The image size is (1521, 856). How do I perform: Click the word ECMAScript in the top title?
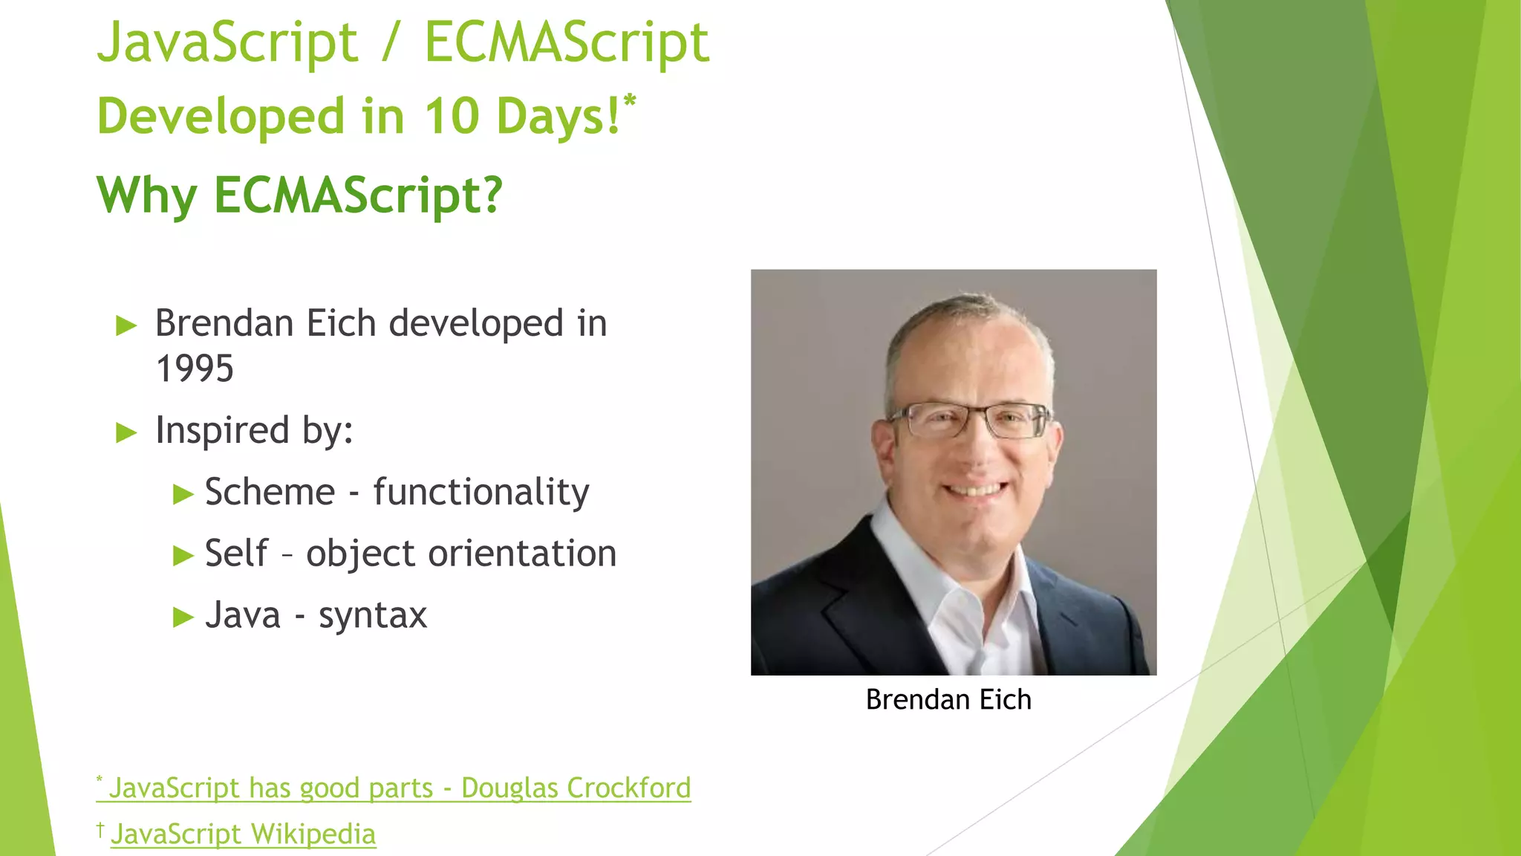566,43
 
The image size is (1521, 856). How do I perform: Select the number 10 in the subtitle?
451,117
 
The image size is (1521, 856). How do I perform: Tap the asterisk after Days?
630,100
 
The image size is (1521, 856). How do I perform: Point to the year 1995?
195,369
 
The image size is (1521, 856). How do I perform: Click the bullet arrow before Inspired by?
127,432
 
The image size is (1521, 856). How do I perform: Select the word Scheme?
270,492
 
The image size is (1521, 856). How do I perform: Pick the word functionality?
481,493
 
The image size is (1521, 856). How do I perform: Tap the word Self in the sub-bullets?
236,554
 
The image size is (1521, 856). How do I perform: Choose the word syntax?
373,615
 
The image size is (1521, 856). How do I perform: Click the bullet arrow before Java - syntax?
183,617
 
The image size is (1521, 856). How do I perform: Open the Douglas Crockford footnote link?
400,788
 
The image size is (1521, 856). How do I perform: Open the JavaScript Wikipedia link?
243,834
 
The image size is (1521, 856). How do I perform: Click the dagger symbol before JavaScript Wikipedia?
100,829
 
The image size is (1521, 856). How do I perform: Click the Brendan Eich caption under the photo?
948,700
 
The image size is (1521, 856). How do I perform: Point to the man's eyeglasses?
971,421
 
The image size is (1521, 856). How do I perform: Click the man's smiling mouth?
974,490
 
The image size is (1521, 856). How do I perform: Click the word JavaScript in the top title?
227,43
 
